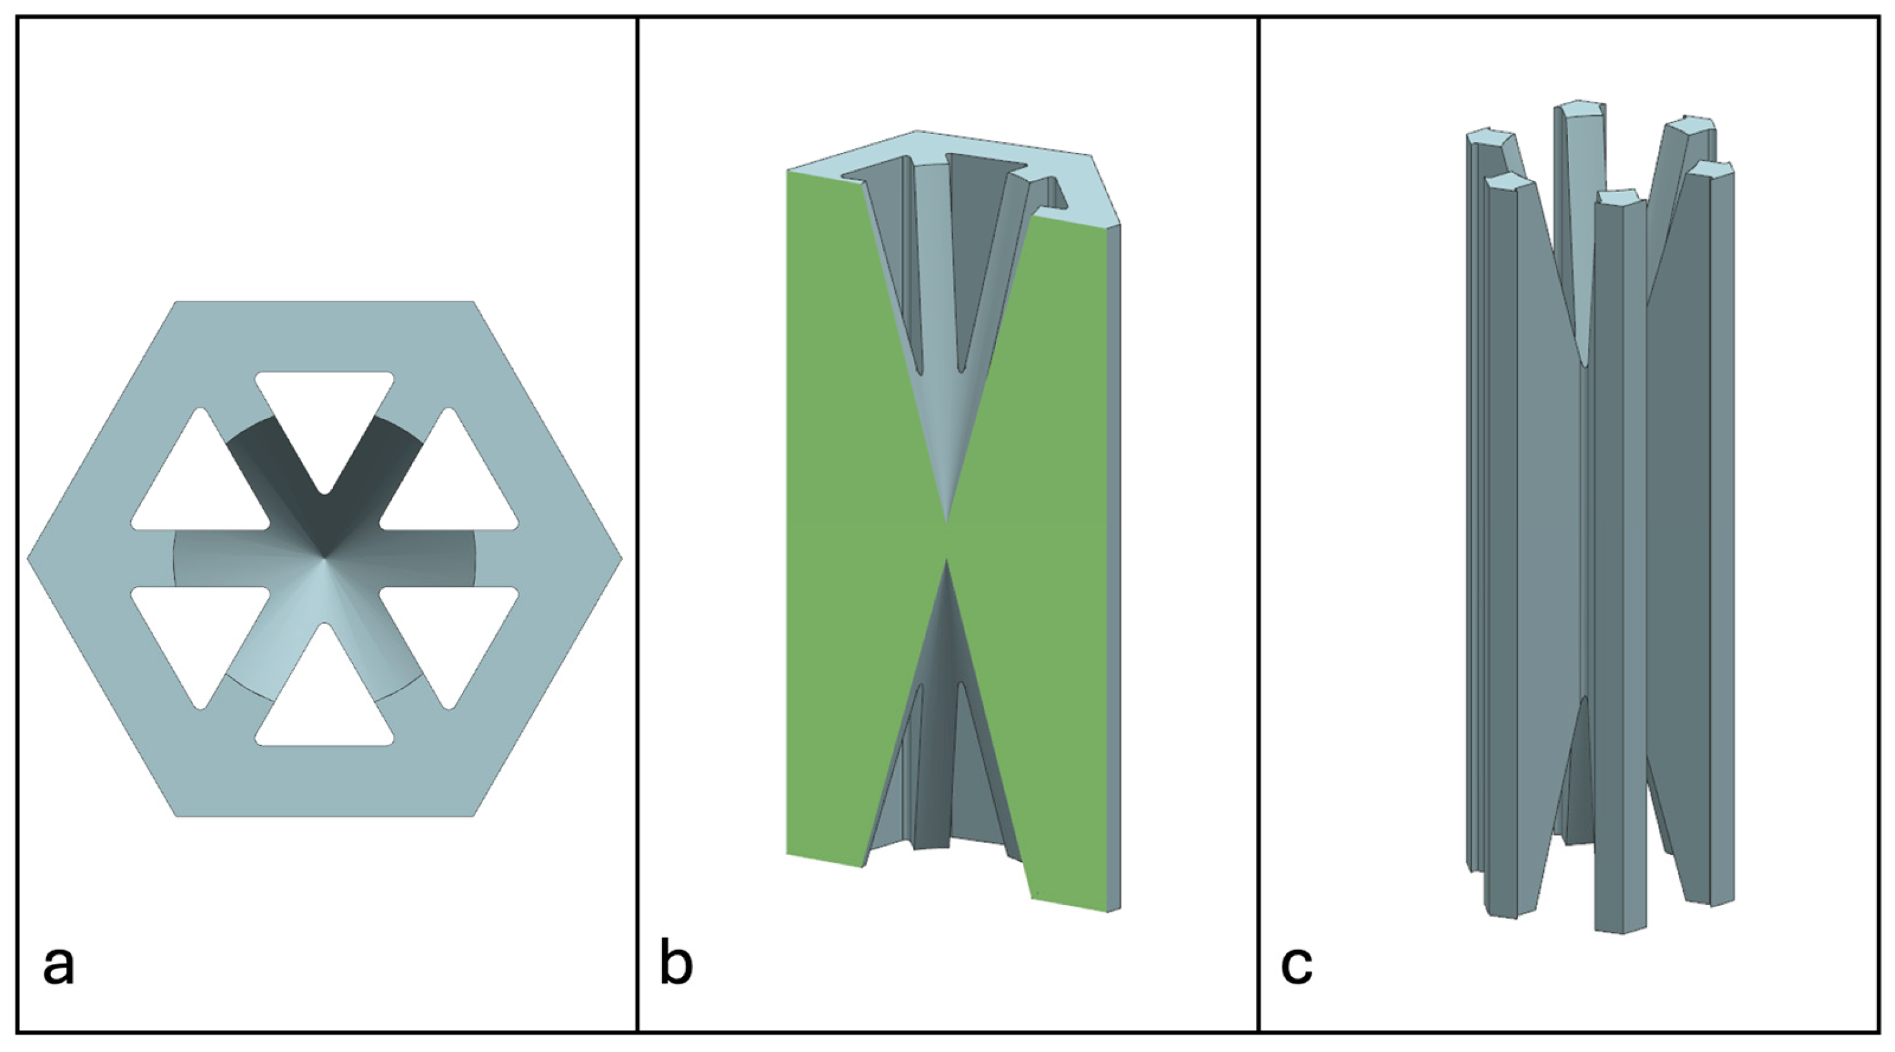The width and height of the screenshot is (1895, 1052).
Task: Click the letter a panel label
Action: click(59, 966)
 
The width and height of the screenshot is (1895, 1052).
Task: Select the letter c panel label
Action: click(1296, 966)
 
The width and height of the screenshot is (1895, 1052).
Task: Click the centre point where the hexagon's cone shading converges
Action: click(325, 558)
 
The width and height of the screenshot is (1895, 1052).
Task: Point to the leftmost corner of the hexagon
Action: click(28, 558)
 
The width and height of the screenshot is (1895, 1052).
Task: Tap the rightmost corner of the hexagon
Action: click(622, 558)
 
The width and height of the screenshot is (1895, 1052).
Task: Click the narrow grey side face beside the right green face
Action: click(1114, 566)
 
